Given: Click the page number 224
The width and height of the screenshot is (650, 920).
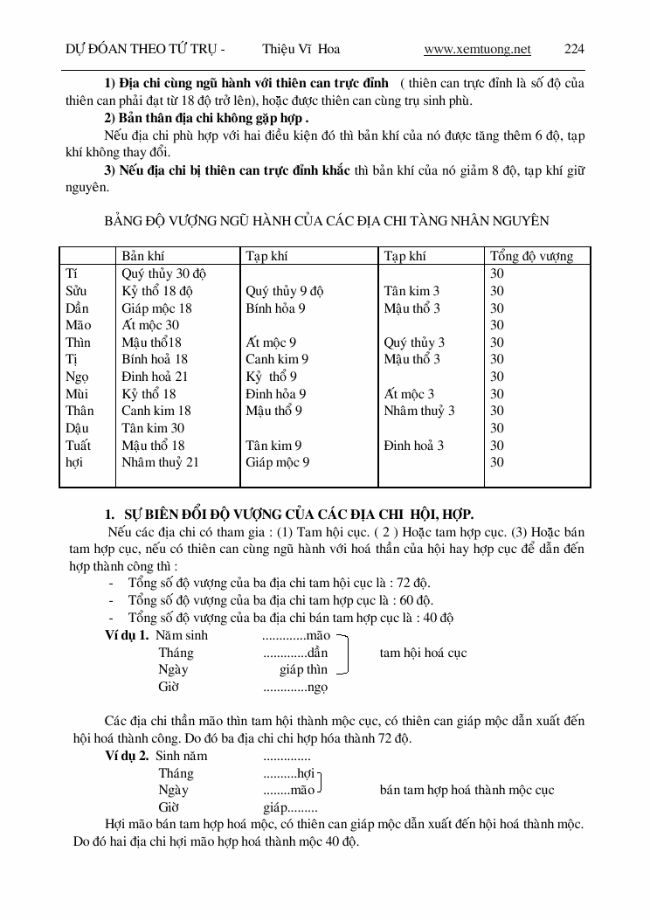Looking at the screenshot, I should click(x=574, y=50).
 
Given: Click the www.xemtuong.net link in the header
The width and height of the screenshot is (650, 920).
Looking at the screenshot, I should click(x=477, y=50).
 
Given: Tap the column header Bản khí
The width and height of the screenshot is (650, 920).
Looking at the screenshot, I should click(x=143, y=256).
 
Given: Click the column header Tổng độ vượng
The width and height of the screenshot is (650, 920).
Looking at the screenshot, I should click(x=531, y=256).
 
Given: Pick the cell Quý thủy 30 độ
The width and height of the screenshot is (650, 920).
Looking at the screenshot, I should click(x=163, y=273).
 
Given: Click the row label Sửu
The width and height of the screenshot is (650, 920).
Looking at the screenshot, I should click(x=78, y=291).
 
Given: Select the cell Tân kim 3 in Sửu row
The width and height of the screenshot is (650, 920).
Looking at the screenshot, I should click(x=411, y=291).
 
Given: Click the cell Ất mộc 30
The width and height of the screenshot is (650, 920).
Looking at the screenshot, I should click(x=150, y=325).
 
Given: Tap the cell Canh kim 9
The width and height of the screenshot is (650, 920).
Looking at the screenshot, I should click(x=277, y=359).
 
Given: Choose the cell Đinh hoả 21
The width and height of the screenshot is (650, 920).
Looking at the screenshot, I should click(x=156, y=377).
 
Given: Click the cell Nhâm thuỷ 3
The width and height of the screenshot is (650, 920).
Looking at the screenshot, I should click(x=419, y=411).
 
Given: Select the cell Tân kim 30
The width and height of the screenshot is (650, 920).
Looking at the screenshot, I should click(x=153, y=428).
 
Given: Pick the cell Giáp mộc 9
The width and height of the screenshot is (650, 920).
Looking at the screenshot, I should click(x=277, y=462).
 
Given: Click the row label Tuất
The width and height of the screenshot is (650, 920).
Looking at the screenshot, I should click(x=79, y=446).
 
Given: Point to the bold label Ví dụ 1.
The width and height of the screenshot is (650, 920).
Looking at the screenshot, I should click(x=126, y=636).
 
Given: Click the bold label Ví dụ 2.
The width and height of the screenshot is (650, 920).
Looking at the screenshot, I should click(x=126, y=756).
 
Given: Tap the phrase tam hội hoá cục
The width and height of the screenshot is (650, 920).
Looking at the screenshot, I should click(x=423, y=653).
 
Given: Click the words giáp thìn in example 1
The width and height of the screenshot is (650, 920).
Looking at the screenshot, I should click(x=303, y=670).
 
